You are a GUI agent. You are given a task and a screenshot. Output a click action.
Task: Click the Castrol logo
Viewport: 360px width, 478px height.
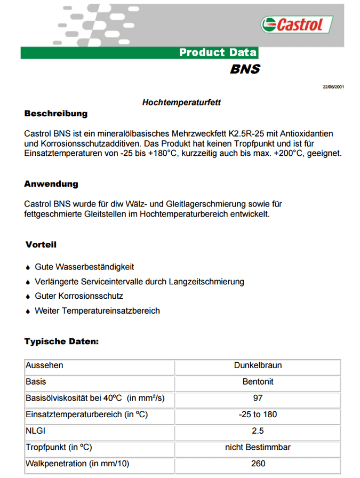click(x=297, y=25)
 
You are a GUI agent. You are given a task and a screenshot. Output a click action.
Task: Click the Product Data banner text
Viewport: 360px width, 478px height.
click(x=218, y=52)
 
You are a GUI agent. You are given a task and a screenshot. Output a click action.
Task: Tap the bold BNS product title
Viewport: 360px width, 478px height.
click(x=245, y=69)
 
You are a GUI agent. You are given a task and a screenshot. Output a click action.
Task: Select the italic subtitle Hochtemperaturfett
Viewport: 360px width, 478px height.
click(x=181, y=102)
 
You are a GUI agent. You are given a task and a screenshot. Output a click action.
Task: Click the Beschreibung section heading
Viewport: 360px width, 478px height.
click(x=55, y=114)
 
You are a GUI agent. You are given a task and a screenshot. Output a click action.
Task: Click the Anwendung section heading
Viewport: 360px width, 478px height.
click(x=51, y=184)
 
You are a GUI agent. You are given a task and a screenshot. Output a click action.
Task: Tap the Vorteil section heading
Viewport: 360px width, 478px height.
click(x=41, y=245)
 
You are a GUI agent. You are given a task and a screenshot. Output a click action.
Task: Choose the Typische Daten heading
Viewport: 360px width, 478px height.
click(x=61, y=341)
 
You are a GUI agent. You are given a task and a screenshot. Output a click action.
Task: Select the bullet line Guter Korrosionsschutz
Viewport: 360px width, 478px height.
click(x=79, y=296)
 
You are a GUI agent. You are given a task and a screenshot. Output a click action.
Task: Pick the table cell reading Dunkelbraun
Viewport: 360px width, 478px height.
click(x=258, y=365)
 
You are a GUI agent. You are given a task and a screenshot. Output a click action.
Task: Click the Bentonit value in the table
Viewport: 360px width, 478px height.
click(x=258, y=382)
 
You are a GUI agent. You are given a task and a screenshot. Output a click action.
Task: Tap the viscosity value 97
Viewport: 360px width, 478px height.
click(x=258, y=398)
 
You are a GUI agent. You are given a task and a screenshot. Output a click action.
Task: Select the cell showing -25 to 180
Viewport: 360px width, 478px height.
click(x=258, y=415)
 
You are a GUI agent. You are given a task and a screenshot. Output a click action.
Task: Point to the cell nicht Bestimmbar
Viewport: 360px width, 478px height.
click(x=258, y=447)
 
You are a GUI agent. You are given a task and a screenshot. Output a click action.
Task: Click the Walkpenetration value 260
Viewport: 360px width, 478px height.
click(x=258, y=464)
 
